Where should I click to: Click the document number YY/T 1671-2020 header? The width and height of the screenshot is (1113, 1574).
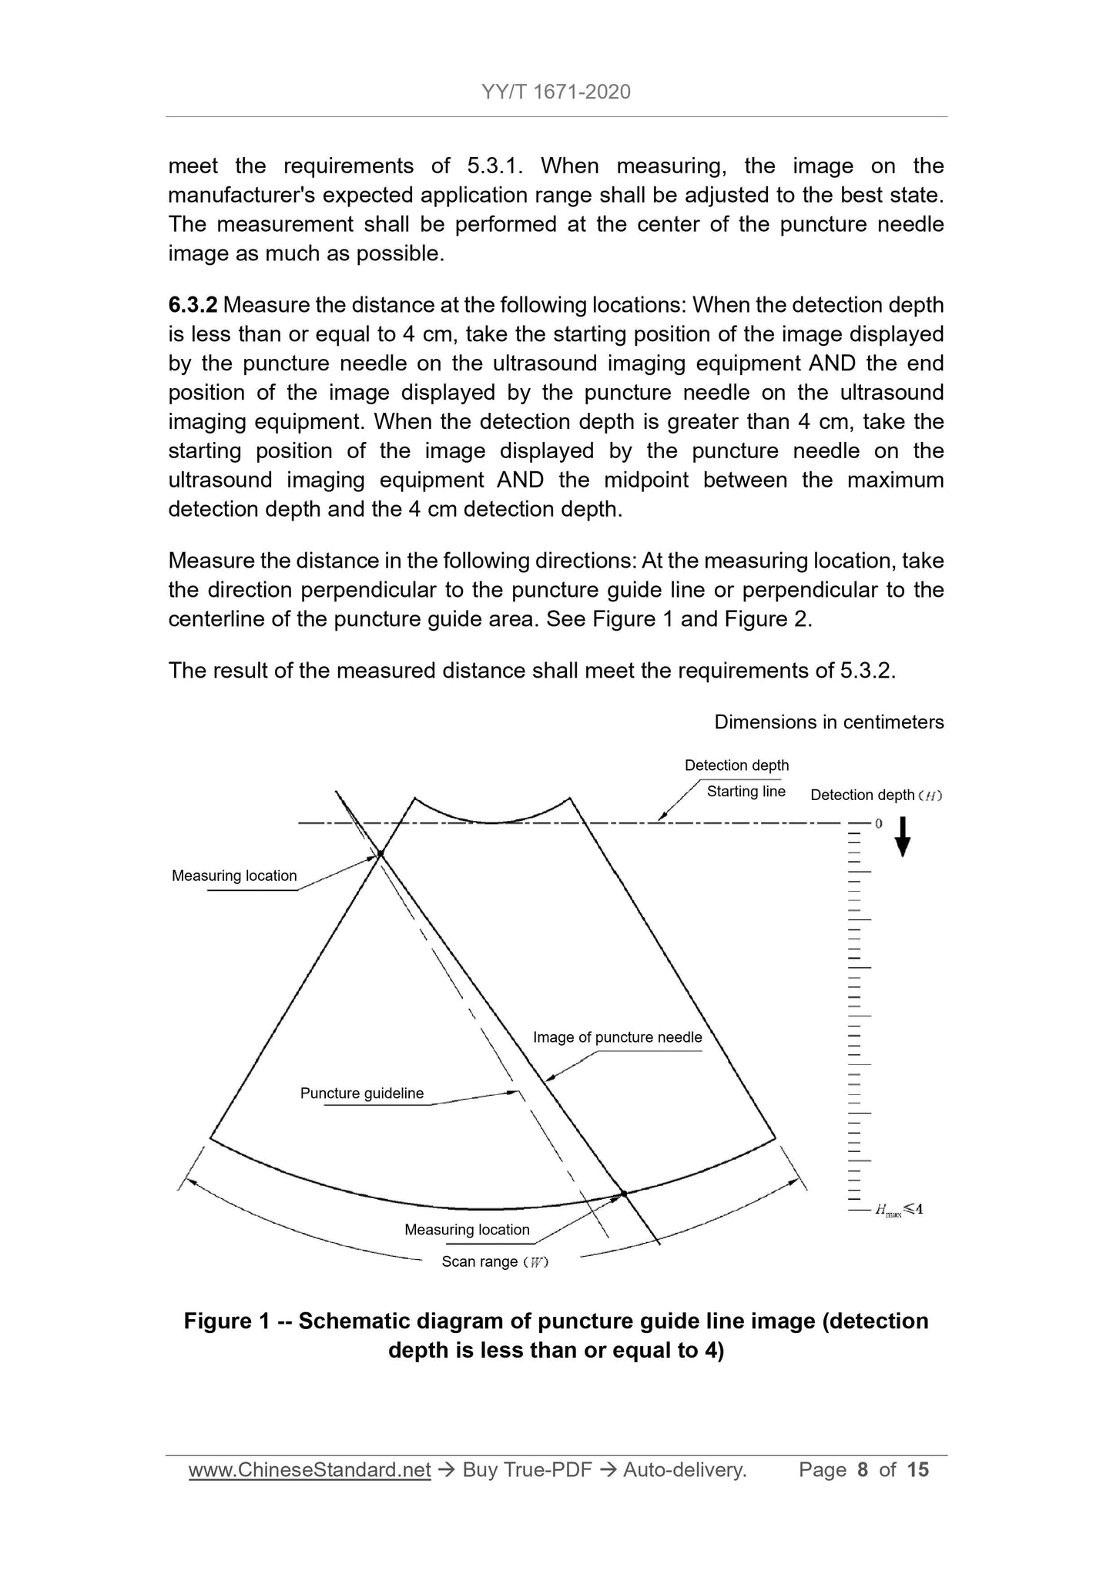pos(555,92)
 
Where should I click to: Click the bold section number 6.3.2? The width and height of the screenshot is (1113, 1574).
pos(193,306)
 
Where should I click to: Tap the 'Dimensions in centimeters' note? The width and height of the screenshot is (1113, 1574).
pos(829,722)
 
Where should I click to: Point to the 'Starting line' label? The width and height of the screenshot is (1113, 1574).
pos(746,792)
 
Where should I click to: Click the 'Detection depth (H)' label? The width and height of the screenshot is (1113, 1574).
pos(876,795)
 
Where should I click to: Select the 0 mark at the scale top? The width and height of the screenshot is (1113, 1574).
pos(878,824)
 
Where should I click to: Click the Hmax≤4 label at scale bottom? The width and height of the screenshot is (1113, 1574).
pos(898,1210)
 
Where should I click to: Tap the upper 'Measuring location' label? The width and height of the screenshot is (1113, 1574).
pos(234,876)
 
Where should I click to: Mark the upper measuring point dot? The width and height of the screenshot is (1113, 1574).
pos(380,853)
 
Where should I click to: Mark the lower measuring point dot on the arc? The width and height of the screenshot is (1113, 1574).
pos(624,1194)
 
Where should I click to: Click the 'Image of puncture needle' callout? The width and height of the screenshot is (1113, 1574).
pos(617,1038)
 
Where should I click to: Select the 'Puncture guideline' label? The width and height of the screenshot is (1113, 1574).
pos(362,1093)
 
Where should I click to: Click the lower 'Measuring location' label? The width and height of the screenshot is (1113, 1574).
pos(467,1230)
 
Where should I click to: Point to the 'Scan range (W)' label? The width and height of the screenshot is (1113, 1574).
pos(494,1262)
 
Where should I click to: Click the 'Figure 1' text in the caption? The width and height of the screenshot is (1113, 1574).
pos(226,1321)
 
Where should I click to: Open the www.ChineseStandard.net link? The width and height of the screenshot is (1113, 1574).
pos(310,1470)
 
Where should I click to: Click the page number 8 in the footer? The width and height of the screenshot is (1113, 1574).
pos(863,1470)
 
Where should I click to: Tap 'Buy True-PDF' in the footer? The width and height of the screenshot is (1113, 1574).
pos(527,1470)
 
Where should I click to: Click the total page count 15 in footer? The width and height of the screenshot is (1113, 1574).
pos(918,1470)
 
